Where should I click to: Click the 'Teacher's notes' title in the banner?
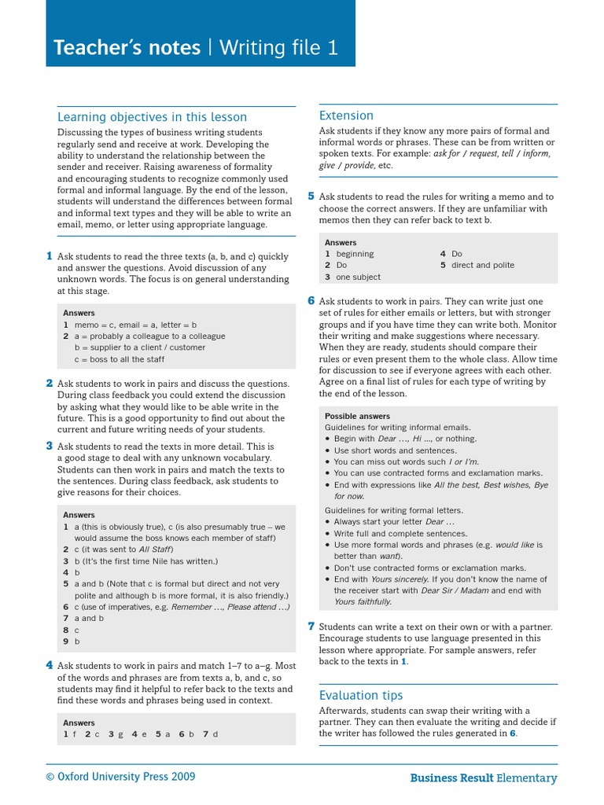[x=127, y=48]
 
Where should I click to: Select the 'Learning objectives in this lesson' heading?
[x=152, y=117]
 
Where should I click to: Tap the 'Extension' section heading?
[x=346, y=116]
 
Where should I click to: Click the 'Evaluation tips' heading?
[x=360, y=695]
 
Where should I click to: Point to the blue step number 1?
[x=49, y=255]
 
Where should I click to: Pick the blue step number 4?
[x=49, y=665]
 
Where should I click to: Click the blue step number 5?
[x=311, y=196]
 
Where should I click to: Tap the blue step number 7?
[x=311, y=626]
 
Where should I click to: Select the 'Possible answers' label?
[x=357, y=416]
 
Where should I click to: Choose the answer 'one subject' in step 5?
[x=358, y=277]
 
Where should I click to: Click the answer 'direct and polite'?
[x=483, y=265]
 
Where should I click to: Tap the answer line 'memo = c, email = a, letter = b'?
[x=135, y=324]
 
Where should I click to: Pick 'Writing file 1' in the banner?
[x=278, y=48]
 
